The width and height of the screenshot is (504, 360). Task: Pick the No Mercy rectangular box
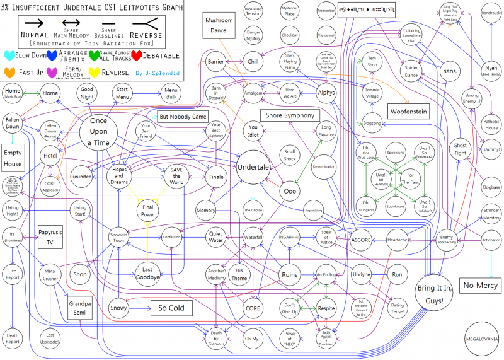point(479,286)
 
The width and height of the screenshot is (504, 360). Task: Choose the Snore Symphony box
point(290,115)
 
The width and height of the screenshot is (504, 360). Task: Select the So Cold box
point(171,308)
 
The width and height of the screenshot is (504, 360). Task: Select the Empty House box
point(13,159)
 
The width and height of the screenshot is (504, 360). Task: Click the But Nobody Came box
point(182,117)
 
